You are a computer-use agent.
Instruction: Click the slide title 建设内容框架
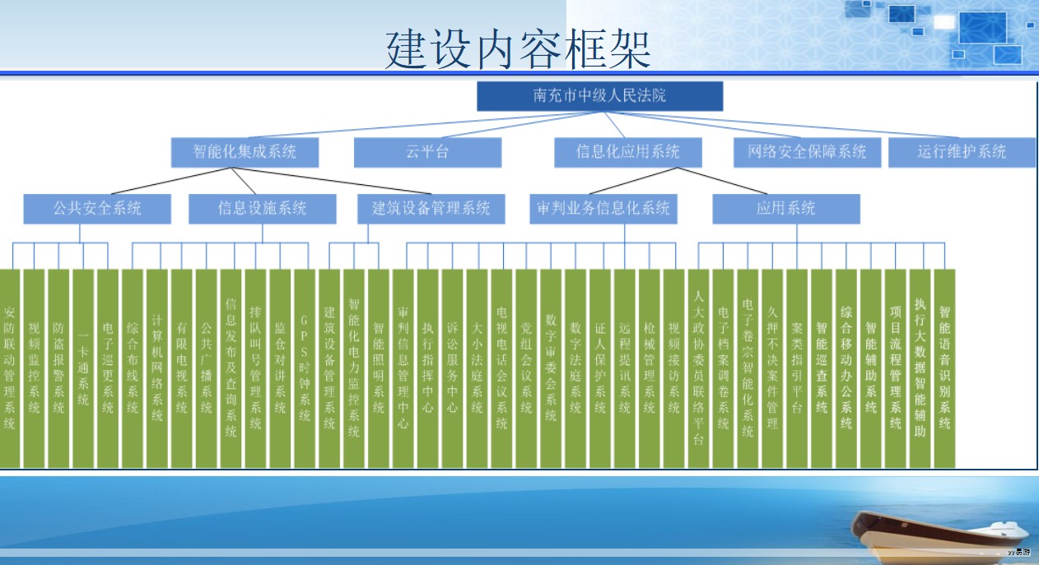pyautogui.click(x=519, y=49)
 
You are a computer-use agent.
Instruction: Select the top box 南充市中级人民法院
pyautogui.click(x=599, y=95)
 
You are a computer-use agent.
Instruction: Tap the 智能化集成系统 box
pyautogui.click(x=245, y=152)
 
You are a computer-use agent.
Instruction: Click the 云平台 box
pyautogui.click(x=427, y=152)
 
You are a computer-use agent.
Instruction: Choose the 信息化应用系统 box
pyautogui.click(x=628, y=152)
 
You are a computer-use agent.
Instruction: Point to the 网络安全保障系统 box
pyautogui.click(x=807, y=152)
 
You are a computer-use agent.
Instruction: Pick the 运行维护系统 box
pyautogui.click(x=962, y=152)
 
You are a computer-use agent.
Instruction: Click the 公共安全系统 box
pyautogui.click(x=97, y=209)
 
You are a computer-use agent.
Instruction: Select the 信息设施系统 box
pyautogui.click(x=262, y=209)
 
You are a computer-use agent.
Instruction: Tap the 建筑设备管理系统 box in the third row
pyautogui.click(x=431, y=209)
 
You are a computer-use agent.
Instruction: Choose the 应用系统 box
pyautogui.click(x=785, y=209)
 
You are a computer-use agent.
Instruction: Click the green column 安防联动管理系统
pyautogui.click(x=9, y=368)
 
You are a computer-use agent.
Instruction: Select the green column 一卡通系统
pyautogui.click(x=83, y=368)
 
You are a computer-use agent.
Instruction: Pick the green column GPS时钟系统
pyautogui.click(x=305, y=368)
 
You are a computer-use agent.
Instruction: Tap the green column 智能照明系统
pyautogui.click(x=379, y=368)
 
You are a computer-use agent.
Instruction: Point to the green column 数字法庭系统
pyautogui.click(x=575, y=368)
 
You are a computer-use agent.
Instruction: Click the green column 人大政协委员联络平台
pyautogui.click(x=698, y=368)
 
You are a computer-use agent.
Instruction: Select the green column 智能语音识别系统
pyautogui.click(x=944, y=368)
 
